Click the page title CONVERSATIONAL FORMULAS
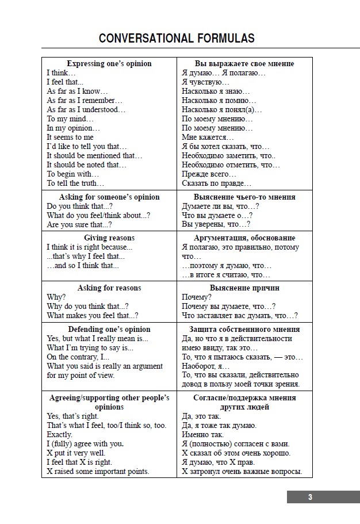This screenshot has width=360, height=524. click(177, 39)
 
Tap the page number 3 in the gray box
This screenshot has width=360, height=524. click(310, 497)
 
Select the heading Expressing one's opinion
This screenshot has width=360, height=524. click(109, 63)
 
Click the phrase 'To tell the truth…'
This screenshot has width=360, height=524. click(75, 183)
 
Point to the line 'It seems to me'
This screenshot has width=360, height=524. click(70, 137)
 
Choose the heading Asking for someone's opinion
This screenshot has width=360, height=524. click(109, 197)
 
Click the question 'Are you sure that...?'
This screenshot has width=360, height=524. click(79, 224)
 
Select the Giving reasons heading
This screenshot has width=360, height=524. click(109, 238)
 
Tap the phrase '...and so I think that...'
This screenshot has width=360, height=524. click(83, 265)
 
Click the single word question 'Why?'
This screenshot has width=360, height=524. click(56, 297)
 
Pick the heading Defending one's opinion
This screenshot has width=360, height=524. click(109, 329)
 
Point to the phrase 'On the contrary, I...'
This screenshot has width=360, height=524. click(78, 357)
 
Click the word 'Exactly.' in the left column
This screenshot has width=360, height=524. click(60, 434)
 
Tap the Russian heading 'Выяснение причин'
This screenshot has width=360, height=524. click(244, 288)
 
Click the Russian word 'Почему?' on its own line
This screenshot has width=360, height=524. click(197, 297)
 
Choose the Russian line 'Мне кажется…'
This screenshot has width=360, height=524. click(208, 137)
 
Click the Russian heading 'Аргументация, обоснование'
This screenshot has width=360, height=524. click(244, 238)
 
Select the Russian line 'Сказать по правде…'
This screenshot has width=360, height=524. click(216, 183)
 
